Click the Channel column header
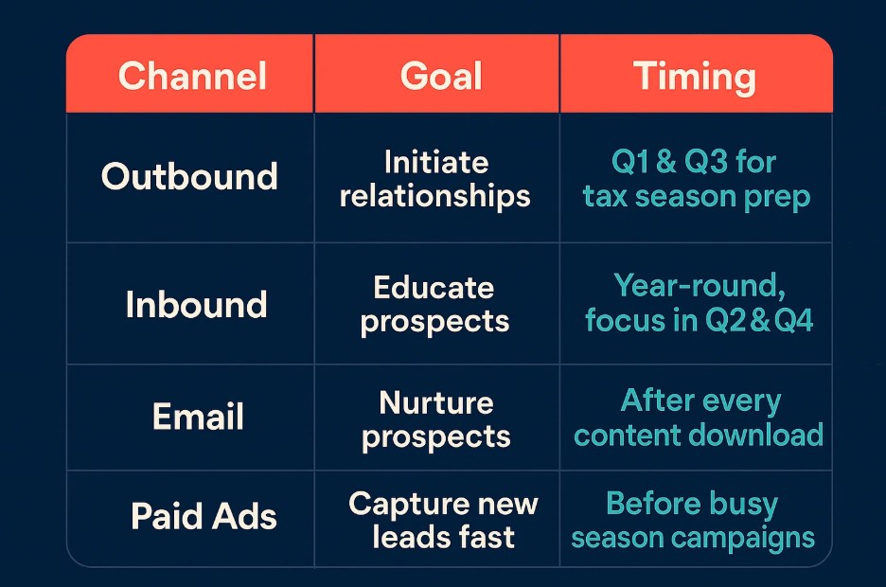tap(192, 76)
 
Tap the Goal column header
tap(441, 76)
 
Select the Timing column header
tap(694, 78)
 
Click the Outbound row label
tap(189, 176)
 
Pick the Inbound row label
tap(196, 305)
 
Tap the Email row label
tap(198, 417)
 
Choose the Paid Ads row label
tap(204, 516)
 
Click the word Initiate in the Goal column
tap(436, 163)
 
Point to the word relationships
tap(435, 197)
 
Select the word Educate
tap(434, 288)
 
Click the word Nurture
tap(436, 403)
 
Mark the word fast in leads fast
tap(486, 537)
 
